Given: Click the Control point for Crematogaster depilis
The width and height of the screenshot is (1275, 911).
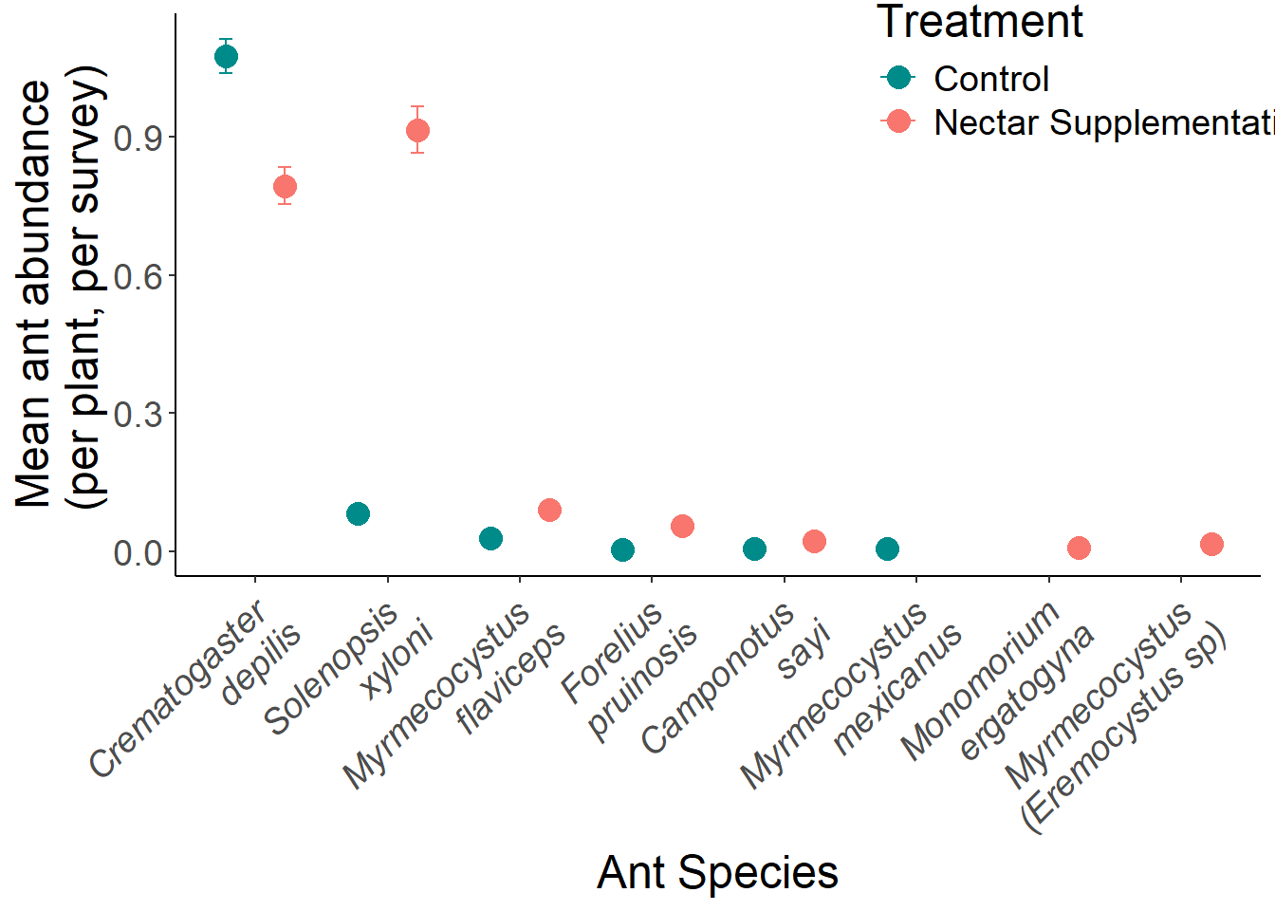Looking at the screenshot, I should (226, 57).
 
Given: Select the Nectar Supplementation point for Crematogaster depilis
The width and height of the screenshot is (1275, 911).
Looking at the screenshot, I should (285, 186).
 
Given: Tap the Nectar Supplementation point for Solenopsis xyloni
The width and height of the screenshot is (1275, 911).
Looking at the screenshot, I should (417, 130).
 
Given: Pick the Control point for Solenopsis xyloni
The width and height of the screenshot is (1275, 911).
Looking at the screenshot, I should (358, 514).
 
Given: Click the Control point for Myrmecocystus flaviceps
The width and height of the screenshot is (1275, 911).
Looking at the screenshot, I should (490, 539).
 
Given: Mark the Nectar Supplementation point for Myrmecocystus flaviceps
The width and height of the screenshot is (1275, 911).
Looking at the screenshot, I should (549, 511).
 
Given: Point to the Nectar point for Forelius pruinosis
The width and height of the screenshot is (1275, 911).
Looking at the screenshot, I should (682, 526).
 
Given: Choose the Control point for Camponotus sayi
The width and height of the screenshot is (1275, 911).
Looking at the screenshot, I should (754, 548).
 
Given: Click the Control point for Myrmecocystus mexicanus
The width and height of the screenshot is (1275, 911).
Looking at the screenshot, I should (887, 548).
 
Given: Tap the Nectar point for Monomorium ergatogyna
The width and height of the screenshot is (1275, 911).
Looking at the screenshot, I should (1079, 548).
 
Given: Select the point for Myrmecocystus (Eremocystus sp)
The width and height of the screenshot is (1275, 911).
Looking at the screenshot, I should (1211, 544).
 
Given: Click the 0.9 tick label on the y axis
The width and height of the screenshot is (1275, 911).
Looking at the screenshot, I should (138, 139).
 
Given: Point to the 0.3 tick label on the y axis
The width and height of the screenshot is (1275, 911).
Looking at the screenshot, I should (138, 415).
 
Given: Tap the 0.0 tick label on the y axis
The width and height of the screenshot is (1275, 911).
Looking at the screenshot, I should (138, 553).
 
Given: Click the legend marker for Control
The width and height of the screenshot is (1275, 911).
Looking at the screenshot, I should (897, 78).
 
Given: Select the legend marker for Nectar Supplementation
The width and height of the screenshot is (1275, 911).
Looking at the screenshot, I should (897, 121).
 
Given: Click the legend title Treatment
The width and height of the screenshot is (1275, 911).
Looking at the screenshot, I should (979, 22).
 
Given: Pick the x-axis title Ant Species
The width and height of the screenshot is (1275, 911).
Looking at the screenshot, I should (717, 872).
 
